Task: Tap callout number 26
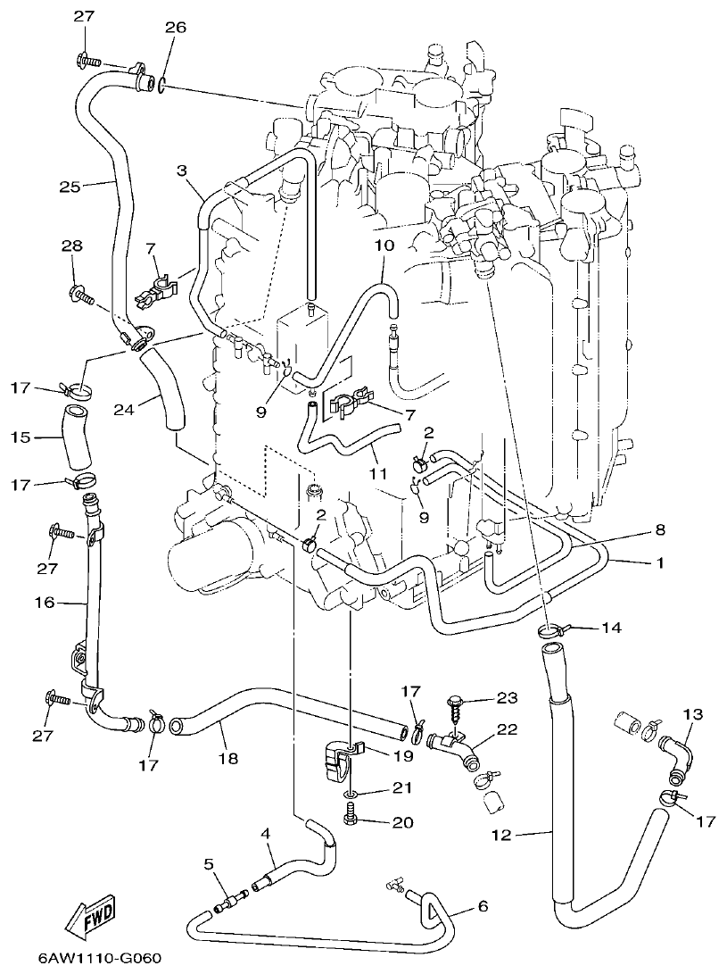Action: (175, 28)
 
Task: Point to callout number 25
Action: (70, 187)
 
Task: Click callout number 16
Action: (45, 604)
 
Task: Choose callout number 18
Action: (227, 758)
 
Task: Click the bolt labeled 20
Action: (350, 817)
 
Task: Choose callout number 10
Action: (384, 244)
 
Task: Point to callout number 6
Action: (483, 906)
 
